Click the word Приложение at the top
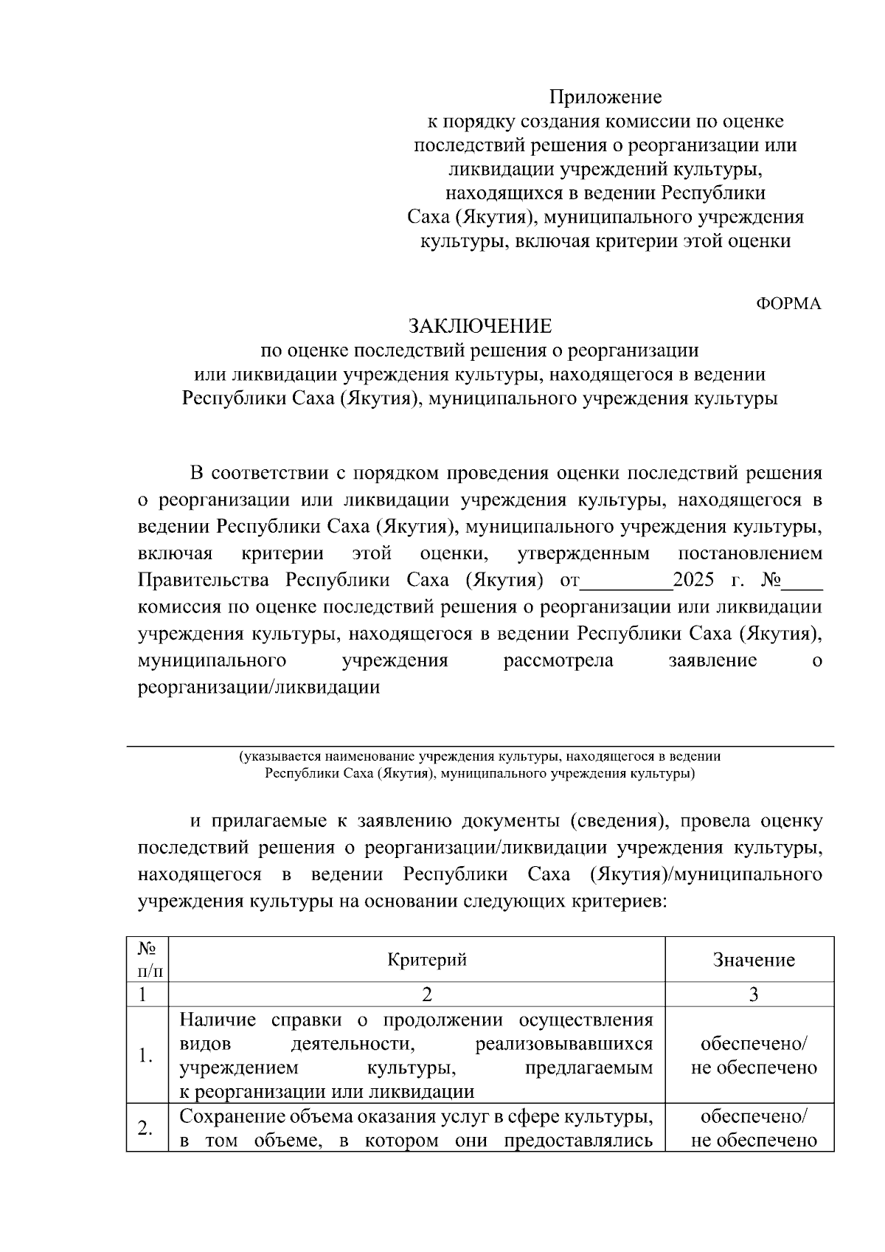tap(605, 97)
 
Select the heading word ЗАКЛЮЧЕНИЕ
tap(480, 325)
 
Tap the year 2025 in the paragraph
tap(693, 580)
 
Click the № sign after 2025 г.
tap(771, 580)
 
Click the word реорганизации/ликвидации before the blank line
tap(259, 688)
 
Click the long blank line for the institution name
tap(479, 745)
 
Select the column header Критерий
tap(427, 959)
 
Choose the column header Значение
tap(754, 960)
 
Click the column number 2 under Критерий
tap(426, 995)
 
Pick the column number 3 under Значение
tap(754, 995)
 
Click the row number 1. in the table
tap(146, 1056)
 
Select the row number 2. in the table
tap(146, 1128)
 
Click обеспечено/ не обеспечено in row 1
tap(754, 1056)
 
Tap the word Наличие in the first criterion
tap(218, 1020)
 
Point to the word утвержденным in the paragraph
tap(583, 553)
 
